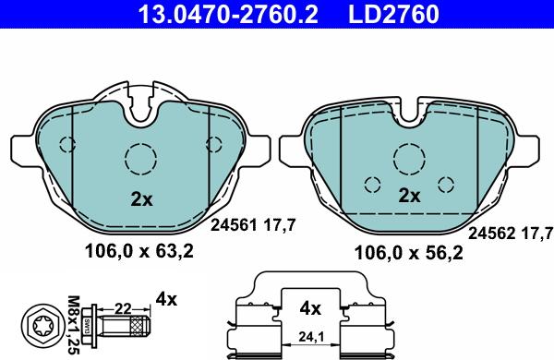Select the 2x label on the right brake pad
tap(409, 196)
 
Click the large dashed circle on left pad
tap(140, 159)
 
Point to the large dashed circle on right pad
tap(408, 158)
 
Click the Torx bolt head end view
tap(42, 325)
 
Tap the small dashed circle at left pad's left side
tap(66, 144)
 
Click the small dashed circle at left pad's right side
tap(214, 143)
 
